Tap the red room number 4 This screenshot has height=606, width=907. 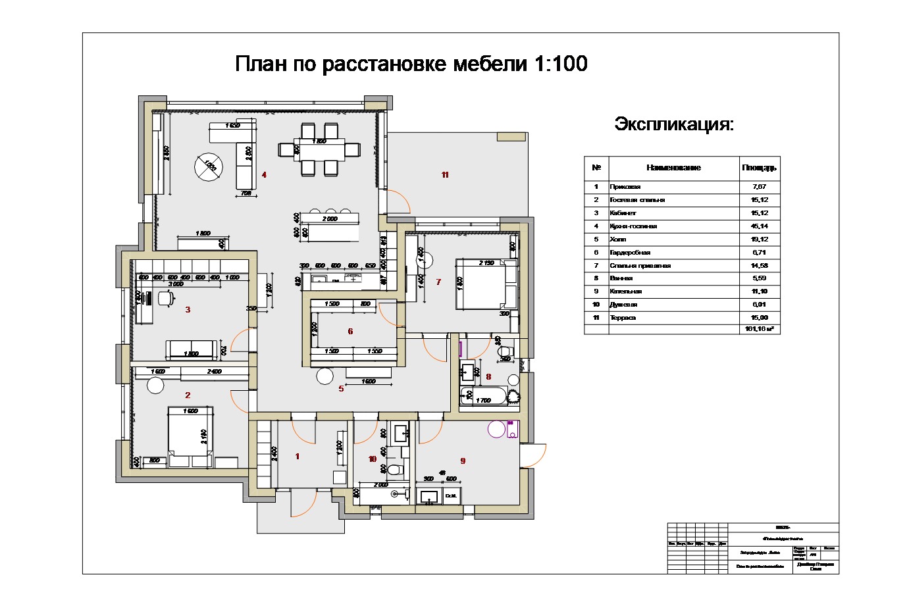[x=264, y=175]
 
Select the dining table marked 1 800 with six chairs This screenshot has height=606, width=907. [x=319, y=150]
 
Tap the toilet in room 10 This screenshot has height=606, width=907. [x=394, y=469]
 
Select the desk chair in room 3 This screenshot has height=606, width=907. [x=165, y=298]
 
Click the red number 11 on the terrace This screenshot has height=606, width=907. [x=445, y=175]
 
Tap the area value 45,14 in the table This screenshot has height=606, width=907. [x=759, y=226]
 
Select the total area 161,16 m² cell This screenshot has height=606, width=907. [x=759, y=329]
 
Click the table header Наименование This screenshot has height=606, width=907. [x=673, y=168]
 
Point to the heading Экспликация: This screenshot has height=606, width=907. [x=673, y=124]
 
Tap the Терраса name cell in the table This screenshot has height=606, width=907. [x=623, y=318]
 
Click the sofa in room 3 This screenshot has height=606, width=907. [x=192, y=349]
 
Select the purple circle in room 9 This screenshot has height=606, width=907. [x=496, y=429]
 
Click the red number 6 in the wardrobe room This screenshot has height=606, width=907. [x=350, y=331]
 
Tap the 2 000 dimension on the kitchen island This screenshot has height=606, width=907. [x=330, y=218]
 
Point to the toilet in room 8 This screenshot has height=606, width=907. [x=505, y=354]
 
